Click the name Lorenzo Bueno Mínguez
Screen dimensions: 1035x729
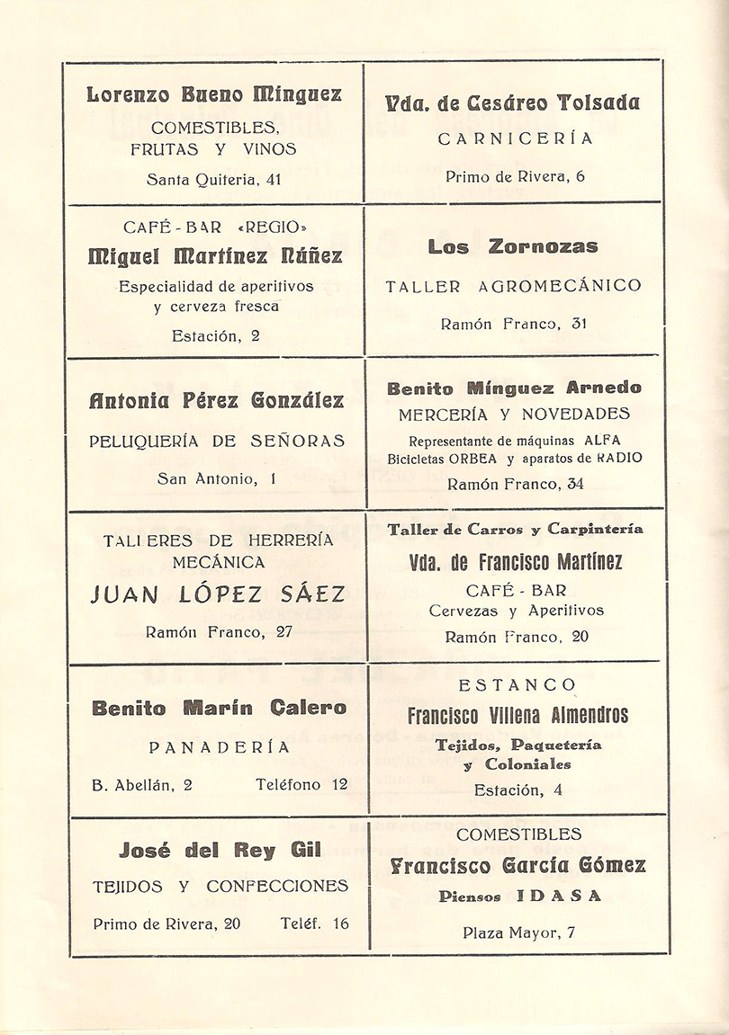coord(214,94)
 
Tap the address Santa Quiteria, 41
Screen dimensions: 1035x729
coord(214,179)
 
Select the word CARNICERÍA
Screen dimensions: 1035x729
coord(516,138)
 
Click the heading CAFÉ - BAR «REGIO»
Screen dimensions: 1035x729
coord(214,228)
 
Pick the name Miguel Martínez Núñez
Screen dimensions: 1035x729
coord(214,256)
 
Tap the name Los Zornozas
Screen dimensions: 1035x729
coord(513,246)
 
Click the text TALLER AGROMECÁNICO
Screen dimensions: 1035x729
coord(514,287)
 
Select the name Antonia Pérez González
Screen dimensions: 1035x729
coord(216,400)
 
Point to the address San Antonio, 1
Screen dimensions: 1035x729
coord(216,479)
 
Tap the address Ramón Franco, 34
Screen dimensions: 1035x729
coord(515,484)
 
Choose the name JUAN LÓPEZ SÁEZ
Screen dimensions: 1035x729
coord(218,594)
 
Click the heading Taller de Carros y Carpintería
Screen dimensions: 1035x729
coord(516,530)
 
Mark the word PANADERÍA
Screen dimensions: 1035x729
coord(219,746)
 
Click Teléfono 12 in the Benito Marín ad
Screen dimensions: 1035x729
coord(301,784)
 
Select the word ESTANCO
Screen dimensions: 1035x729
coord(517,685)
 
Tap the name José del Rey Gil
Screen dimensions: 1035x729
coord(220,850)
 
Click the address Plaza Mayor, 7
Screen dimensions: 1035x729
coord(518,932)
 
